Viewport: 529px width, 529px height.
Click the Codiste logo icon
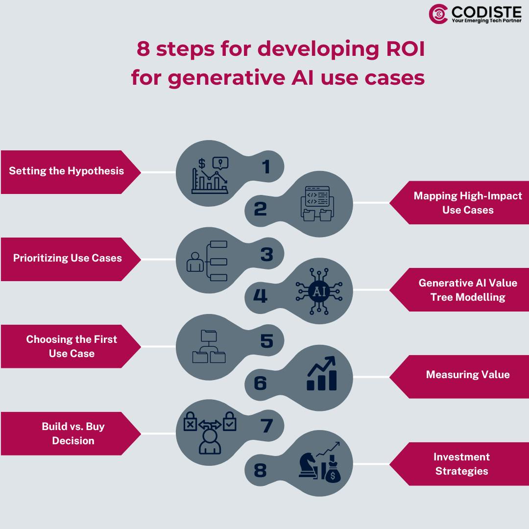coord(438,14)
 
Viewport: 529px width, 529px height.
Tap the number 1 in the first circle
coord(266,167)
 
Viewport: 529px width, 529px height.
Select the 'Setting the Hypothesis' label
coord(66,171)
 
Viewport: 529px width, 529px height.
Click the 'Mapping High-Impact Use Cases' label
coord(468,203)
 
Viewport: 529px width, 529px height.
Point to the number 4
coord(260,296)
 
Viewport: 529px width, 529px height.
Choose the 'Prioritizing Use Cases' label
coord(67,258)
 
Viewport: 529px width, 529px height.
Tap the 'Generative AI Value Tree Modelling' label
coord(468,290)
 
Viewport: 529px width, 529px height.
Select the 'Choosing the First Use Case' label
coord(72,346)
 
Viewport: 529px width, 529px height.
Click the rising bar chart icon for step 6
coord(322,374)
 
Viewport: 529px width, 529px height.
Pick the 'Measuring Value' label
coord(468,375)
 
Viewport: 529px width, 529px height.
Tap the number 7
coord(266,426)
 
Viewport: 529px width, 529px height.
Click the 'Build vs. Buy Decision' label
coord(73,433)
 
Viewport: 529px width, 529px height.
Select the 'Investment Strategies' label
coord(461,464)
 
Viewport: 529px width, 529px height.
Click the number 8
coord(260,471)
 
